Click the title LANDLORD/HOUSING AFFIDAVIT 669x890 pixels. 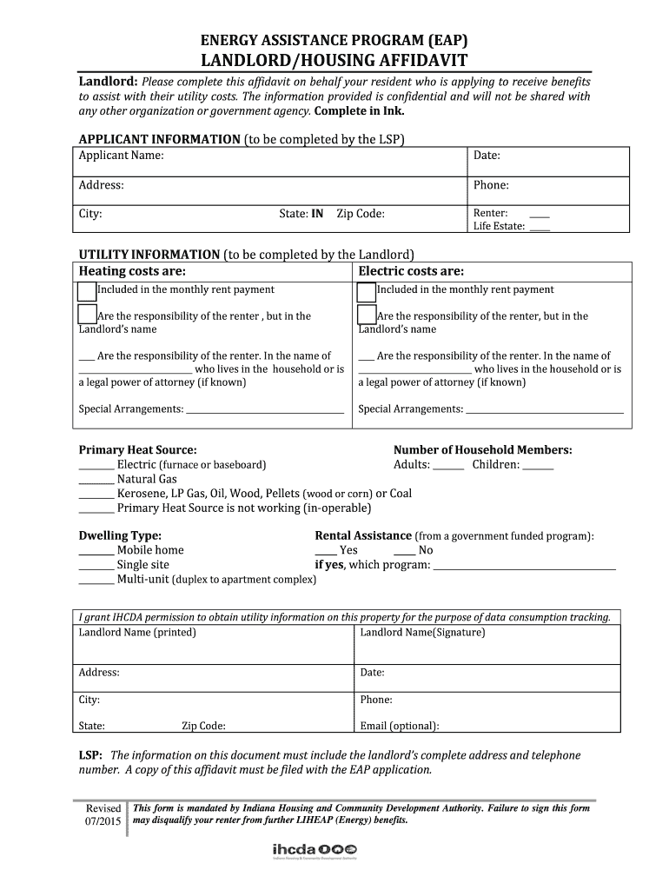coord(334,60)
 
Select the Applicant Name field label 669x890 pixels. coord(122,156)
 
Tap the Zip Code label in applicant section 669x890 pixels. coord(361,214)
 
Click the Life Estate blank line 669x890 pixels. coord(540,227)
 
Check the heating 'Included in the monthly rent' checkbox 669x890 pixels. coord(87,290)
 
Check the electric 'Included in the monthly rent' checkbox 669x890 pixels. coord(367,290)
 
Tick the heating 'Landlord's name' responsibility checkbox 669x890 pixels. coord(87,315)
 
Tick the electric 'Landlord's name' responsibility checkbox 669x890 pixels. coord(367,315)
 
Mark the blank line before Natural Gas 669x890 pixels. coord(96,480)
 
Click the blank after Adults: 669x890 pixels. coord(448,466)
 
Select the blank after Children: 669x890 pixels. coord(539,466)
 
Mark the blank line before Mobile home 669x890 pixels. coord(96,551)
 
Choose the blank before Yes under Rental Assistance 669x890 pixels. coord(325,551)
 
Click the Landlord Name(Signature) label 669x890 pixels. coord(422,632)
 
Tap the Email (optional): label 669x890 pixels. coord(399,726)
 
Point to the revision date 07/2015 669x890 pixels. coord(103,821)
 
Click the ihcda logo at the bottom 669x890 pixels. coord(312,849)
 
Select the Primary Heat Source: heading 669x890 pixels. coord(137,450)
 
